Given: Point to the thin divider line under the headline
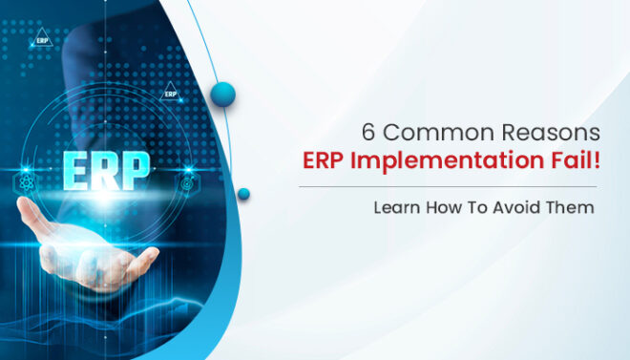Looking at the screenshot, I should click(x=448, y=186).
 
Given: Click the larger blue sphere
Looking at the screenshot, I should click(x=222, y=93).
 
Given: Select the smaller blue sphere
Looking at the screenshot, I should click(x=243, y=194).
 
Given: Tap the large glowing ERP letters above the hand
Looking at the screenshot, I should click(x=106, y=172).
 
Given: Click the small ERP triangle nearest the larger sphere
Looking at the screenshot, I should click(x=170, y=94).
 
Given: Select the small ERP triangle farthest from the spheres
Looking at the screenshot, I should click(x=42, y=40).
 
